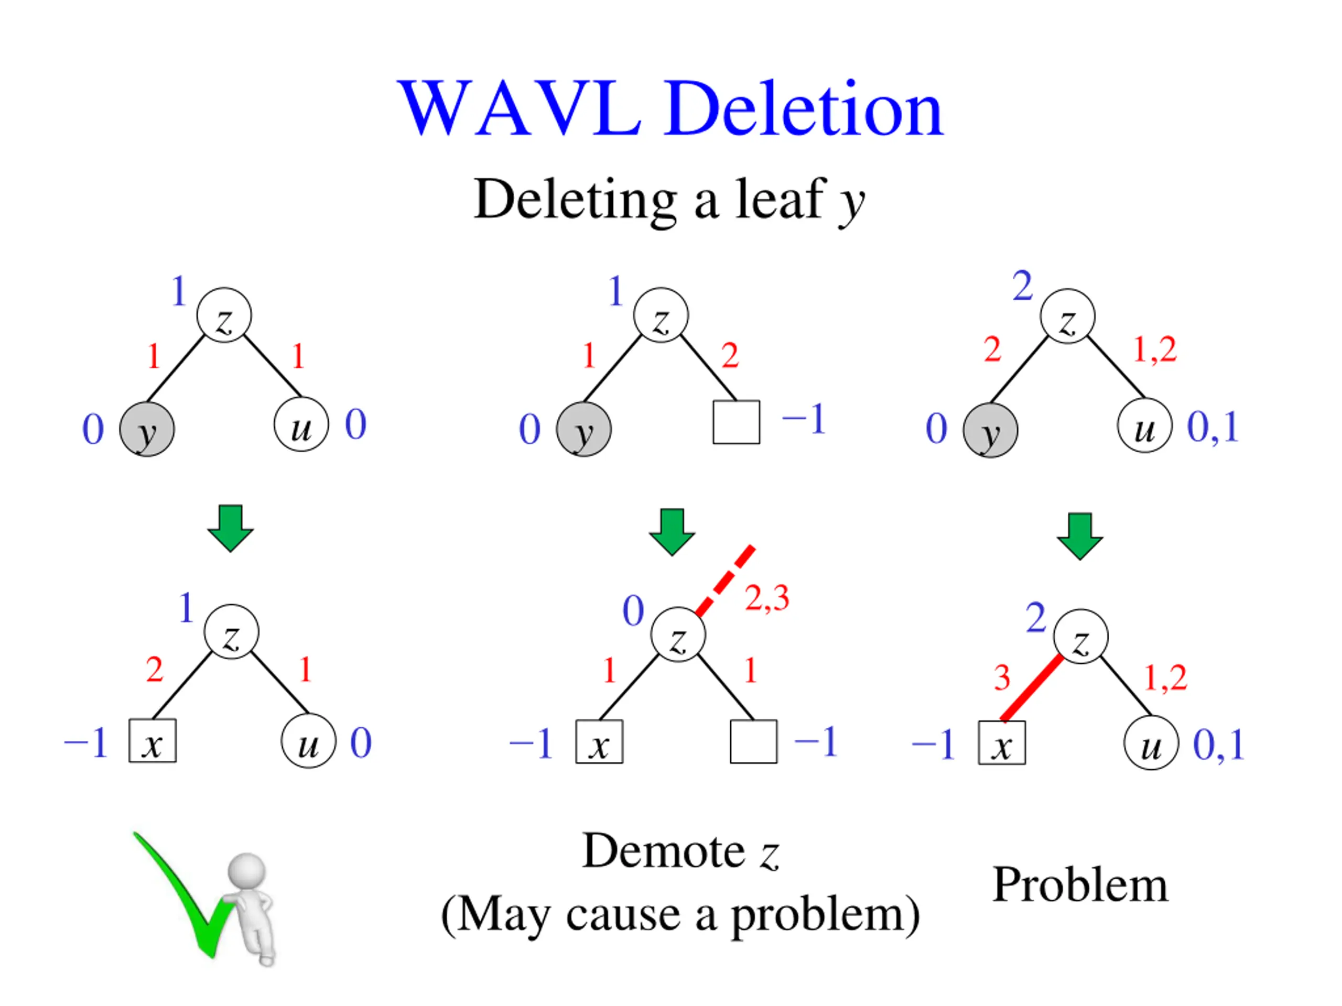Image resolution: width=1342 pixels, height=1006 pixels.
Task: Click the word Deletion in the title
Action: [803, 109]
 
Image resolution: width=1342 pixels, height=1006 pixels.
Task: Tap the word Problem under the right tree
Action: [1080, 885]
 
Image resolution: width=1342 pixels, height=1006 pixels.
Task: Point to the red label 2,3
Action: [767, 598]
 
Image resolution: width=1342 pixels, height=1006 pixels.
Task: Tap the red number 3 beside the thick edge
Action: [1002, 677]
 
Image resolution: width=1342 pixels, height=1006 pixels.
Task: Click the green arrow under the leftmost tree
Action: [231, 528]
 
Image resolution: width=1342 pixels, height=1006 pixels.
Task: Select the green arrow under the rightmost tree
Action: [1080, 536]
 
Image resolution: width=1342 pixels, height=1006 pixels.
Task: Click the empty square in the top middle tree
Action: [736, 422]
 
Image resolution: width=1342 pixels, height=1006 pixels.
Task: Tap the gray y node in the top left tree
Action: [147, 429]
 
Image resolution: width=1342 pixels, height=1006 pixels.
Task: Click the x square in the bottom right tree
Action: [1002, 743]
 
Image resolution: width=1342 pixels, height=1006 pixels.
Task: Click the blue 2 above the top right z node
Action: [1022, 286]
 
